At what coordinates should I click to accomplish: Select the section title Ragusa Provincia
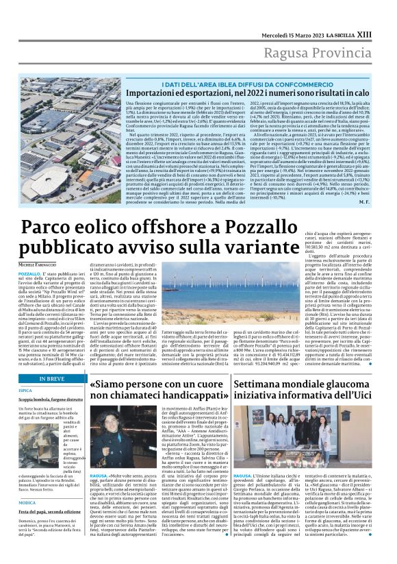pos(331,35)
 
